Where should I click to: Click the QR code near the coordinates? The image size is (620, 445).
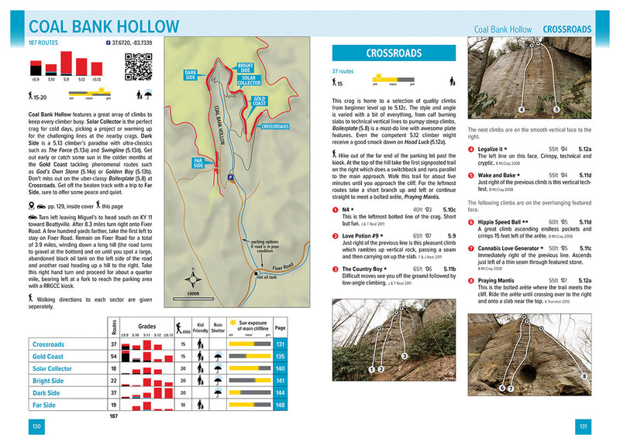[137, 67]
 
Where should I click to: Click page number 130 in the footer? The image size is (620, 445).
[36, 426]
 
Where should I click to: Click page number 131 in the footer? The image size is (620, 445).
[584, 426]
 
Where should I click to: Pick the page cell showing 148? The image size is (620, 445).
[281, 405]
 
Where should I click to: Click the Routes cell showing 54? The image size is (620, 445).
[114, 356]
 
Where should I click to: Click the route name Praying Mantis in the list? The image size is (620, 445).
[499, 280]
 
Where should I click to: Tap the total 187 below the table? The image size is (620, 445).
[114, 417]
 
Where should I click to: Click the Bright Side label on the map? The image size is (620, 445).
[245, 67]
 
